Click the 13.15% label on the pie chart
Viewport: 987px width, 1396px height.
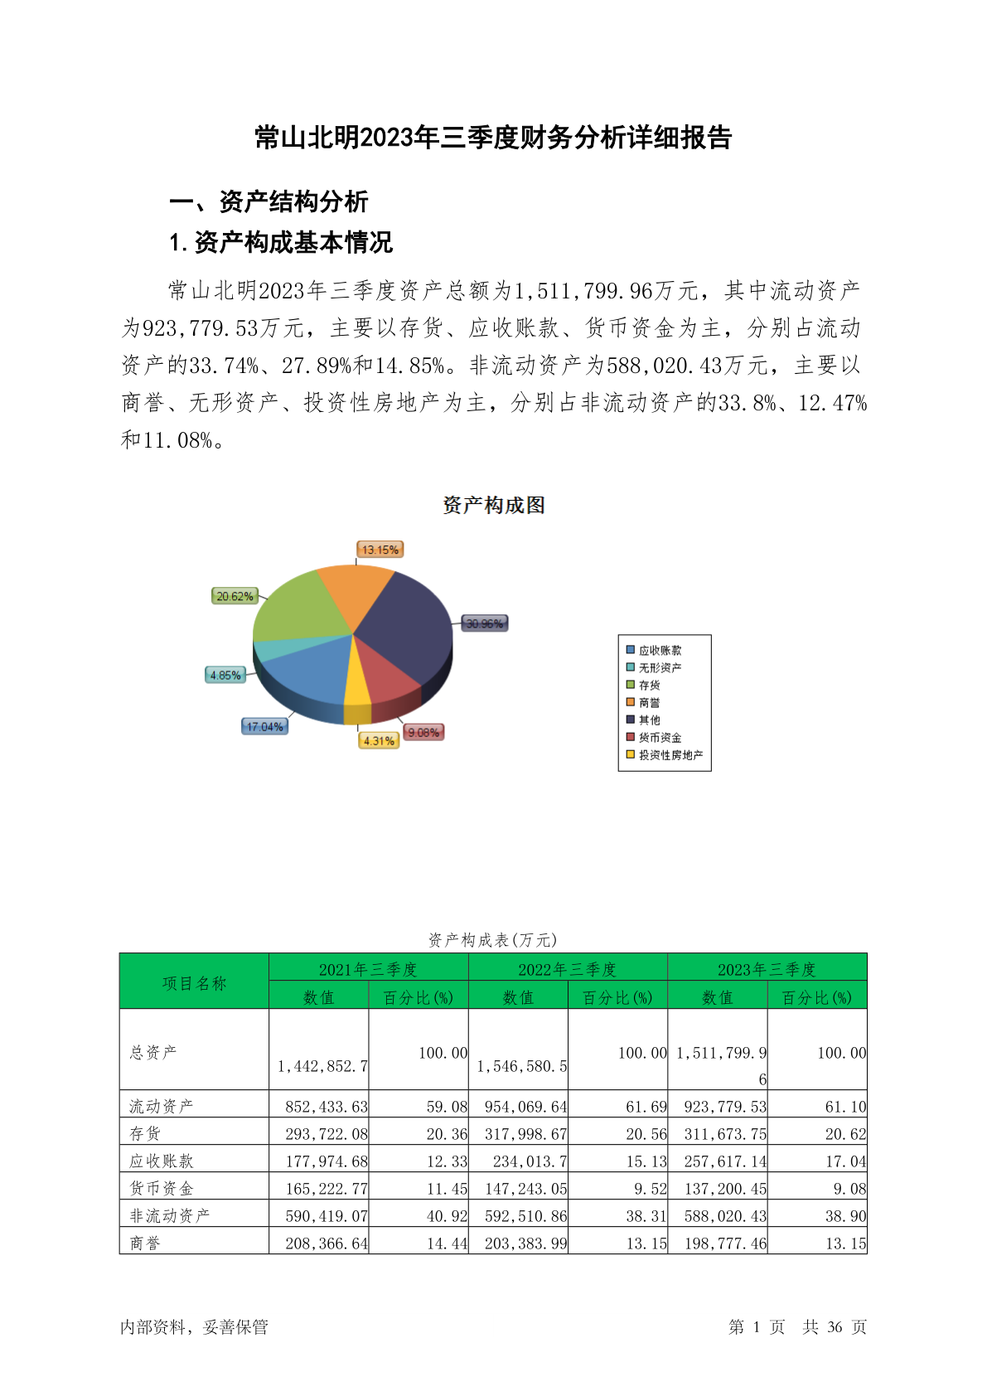(x=380, y=550)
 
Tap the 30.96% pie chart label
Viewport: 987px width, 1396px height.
(x=485, y=623)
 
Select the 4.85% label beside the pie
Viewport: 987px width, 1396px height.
(x=225, y=676)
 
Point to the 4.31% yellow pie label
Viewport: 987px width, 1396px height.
(x=379, y=741)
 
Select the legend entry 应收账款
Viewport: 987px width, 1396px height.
(x=659, y=651)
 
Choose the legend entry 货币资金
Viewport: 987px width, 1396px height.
(x=659, y=738)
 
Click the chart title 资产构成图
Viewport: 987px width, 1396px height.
(x=494, y=505)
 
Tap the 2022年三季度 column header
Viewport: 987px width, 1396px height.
(x=568, y=969)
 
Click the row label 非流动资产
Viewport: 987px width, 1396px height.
(x=170, y=1215)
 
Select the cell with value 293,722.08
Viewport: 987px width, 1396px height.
(x=327, y=1134)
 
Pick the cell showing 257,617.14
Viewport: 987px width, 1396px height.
(x=725, y=1161)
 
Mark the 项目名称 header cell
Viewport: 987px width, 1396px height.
(x=194, y=983)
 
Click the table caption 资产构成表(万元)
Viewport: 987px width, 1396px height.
(x=493, y=940)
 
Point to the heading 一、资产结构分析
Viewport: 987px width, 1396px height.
(x=269, y=201)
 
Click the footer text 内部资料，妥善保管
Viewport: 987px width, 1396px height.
(x=195, y=1327)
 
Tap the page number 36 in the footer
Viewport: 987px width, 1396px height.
(x=835, y=1327)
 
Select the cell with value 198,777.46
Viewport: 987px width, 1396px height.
(x=725, y=1243)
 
